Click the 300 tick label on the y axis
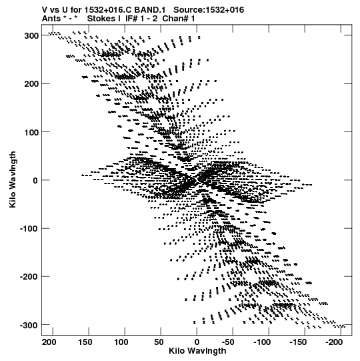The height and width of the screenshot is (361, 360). pos(31,36)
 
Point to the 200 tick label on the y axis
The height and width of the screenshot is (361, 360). pos(31,84)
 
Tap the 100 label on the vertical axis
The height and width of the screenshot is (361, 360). pos(31,132)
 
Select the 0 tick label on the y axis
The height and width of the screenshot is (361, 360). pos(35,180)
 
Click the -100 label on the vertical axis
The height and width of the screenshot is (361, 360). pos(29,228)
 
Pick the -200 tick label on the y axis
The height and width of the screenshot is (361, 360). pos(29,276)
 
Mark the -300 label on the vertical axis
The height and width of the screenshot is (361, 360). pos(29,325)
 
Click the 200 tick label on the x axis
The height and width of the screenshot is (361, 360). pos(49,342)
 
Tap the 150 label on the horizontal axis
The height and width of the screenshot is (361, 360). pos(85,342)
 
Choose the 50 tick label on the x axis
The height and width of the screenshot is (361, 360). pos(159,342)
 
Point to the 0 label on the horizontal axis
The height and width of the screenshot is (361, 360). pos(197,342)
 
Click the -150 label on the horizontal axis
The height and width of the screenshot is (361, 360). pos(298,342)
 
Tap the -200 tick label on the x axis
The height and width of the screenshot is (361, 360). pos(334,342)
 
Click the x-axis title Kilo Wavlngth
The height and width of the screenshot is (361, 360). pos(197,351)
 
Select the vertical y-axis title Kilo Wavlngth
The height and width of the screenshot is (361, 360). pos(13,179)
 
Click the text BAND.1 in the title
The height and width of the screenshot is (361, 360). pos(150,10)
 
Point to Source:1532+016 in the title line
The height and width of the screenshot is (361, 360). pos(209,10)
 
